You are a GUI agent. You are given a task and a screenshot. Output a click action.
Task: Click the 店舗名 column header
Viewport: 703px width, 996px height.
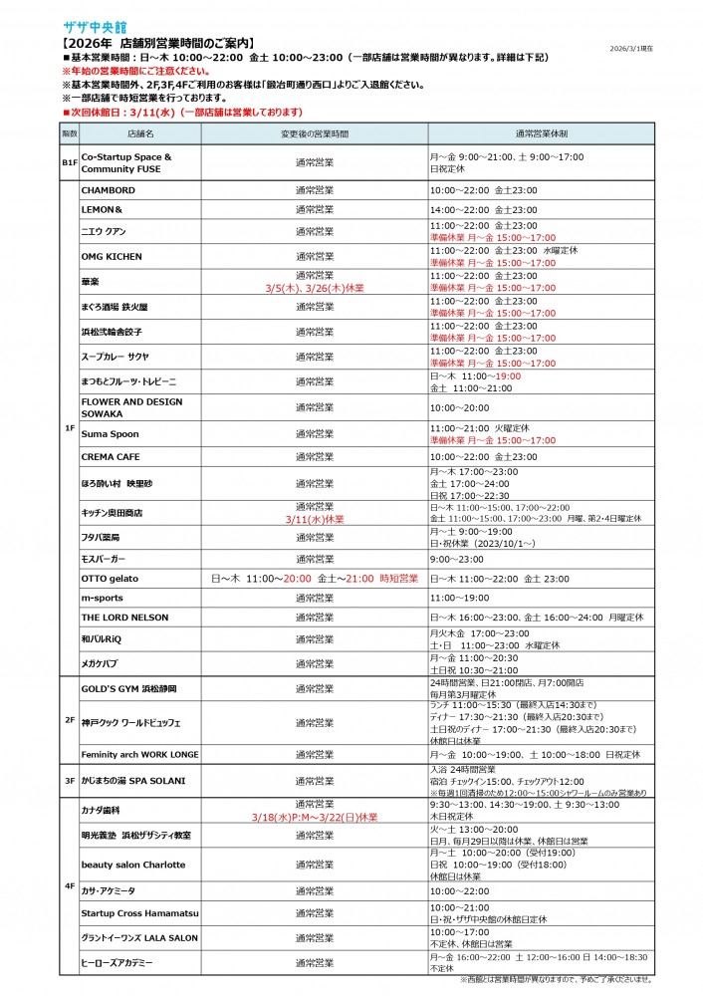click(x=140, y=132)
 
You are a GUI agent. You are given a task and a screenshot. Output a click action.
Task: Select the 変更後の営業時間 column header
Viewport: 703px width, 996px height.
click(x=315, y=132)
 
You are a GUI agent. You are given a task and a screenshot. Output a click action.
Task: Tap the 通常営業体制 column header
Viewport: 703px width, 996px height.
click(x=542, y=132)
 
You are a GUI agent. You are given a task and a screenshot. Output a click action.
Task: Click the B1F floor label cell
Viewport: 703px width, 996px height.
click(x=70, y=161)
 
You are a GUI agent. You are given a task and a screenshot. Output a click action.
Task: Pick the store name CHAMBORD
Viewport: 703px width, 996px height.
click(x=109, y=189)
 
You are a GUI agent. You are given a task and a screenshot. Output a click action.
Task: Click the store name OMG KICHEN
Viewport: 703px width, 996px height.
click(x=112, y=256)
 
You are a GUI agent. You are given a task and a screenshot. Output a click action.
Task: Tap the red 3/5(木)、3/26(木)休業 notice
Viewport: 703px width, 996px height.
click(x=315, y=287)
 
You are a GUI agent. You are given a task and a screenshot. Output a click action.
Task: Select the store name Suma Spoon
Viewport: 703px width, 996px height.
click(x=110, y=434)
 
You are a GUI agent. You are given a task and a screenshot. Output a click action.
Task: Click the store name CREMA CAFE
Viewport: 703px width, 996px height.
click(x=111, y=456)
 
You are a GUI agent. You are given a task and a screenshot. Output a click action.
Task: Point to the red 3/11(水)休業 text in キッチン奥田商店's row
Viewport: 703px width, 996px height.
click(x=315, y=519)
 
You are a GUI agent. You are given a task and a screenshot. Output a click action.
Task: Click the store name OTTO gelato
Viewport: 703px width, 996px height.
click(x=110, y=578)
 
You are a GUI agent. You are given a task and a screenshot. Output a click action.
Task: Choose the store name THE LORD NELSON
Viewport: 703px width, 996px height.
click(x=123, y=618)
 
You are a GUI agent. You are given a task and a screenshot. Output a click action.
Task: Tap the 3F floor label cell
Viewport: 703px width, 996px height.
click(x=70, y=781)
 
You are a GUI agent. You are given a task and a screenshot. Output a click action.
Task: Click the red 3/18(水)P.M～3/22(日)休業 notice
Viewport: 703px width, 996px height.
click(x=315, y=817)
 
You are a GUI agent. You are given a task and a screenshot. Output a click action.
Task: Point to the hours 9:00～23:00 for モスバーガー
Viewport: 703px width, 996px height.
click(x=456, y=559)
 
